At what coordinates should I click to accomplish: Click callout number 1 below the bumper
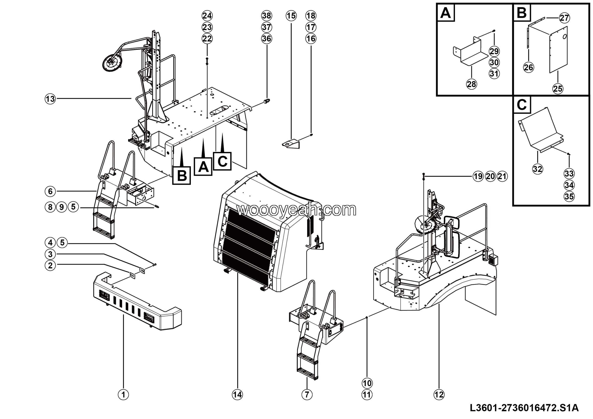tap(123, 394)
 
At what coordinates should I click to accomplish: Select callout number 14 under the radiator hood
tap(237, 394)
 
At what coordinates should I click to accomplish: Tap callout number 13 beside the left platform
tap(50, 99)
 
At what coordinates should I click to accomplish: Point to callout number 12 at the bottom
tap(439, 394)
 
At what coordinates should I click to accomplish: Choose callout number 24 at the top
tap(207, 16)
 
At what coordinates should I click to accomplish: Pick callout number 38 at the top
tap(267, 16)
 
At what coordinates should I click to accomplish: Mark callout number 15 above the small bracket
tap(291, 16)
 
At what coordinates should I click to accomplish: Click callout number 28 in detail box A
tap(471, 84)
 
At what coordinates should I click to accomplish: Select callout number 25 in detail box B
tap(558, 89)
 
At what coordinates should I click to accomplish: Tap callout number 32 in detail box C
tap(537, 169)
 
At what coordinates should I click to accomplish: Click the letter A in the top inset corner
tap(445, 13)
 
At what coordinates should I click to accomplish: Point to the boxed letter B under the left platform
tap(182, 176)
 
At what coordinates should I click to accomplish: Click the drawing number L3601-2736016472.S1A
tap(524, 408)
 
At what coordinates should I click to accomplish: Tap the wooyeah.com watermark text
tap(296, 210)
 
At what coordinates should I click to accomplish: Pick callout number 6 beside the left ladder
tap(50, 191)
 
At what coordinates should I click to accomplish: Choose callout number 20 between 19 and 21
tap(490, 176)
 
